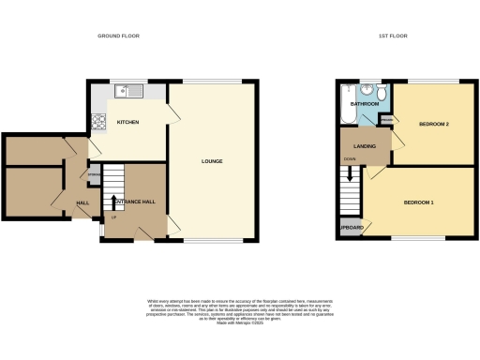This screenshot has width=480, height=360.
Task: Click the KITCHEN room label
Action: (x=127, y=123)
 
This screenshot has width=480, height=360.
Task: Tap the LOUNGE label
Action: (x=212, y=160)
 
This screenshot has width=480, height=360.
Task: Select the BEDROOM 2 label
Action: (x=432, y=125)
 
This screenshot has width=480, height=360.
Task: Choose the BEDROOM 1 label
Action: (x=418, y=202)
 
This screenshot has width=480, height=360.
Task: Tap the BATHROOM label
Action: (x=364, y=103)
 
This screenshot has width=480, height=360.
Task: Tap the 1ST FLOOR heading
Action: (x=392, y=36)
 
